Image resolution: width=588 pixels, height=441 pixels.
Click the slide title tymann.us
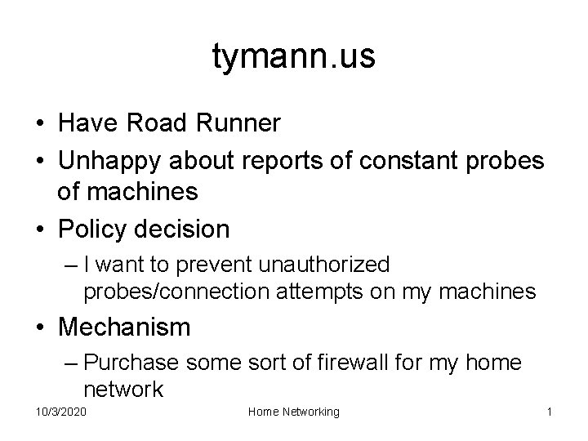click(294, 57)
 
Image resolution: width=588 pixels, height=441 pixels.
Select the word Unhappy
click(110, 162)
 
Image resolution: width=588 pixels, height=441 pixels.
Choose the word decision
click(185, 229)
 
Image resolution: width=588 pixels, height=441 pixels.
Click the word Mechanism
click(124, 327)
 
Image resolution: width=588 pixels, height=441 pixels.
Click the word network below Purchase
click(122, 388)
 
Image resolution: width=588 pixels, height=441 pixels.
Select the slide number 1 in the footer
click(550, 412)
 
